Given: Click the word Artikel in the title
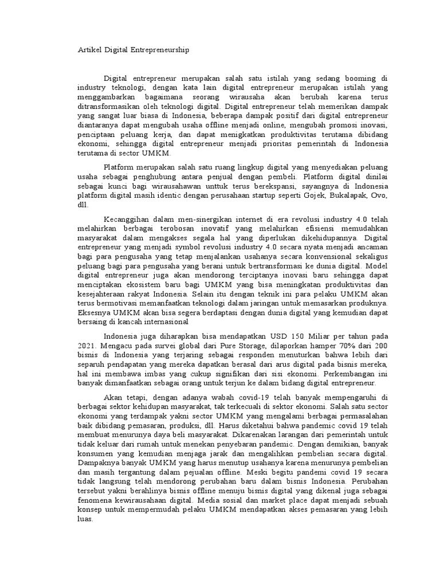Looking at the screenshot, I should pyautogui.click(x=89, y=51).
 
